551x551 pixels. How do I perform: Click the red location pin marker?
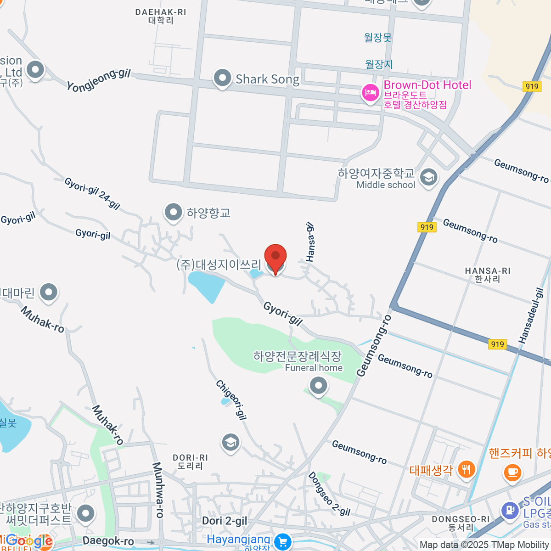(x=275, y=258)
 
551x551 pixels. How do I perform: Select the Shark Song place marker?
(x=223, y=78)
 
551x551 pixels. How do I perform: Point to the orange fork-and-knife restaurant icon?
(x=467, y=469)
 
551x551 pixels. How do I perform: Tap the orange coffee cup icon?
(x=512, y=472)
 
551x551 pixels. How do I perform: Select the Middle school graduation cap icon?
(x=429, y=177)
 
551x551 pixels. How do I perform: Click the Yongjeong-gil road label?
(x=99, y=80)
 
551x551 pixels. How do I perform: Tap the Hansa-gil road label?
(x=310, y=242)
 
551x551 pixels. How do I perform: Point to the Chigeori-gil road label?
(x=231, y=399)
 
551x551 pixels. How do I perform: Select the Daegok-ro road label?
(x=108, y=541)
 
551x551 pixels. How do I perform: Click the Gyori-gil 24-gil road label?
(x=92, y=193)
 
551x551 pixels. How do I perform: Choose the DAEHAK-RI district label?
(x=161, y=16)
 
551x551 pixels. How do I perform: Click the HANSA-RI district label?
(x=488, y=275)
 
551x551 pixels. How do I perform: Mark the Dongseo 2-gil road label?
(x=329, y=494)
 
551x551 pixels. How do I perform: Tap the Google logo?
(x=29, y=541)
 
